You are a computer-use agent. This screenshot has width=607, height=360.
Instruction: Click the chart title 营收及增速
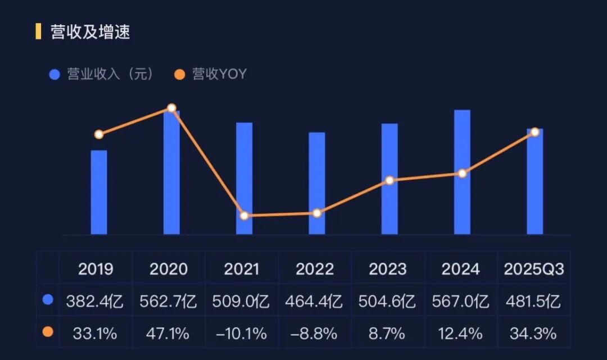pyautogui.click(x=90, y=32)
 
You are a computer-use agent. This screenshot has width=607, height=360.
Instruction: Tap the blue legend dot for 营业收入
pyautogui.click(x=55, y=75)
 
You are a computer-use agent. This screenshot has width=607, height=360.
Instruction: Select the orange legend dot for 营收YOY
pyautogui.click(x=179, y=75)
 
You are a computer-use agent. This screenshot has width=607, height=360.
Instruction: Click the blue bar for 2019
pyautogui.click(x=99, y=192)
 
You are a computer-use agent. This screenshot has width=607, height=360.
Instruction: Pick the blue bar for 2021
pyautogui.click(x=244, y=179)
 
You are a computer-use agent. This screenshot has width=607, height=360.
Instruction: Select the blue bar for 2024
pyautogui.click(x=462, y=172)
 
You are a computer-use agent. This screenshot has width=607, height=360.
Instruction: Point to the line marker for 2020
pyautogui.click(x=171, y=108)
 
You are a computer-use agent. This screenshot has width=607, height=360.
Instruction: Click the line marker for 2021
pyautogui.click(x=244, y=216)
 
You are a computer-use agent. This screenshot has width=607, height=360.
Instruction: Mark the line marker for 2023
pyautogui.click(x=389, y=180)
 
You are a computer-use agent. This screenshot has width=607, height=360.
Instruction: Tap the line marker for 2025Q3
pyautogui.click(x=535, y=132)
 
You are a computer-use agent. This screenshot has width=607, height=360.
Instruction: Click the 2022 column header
pyautogui.click(x=315, y=269)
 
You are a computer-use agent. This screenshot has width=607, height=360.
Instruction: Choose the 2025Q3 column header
pyautogui.click(x=533, y=269)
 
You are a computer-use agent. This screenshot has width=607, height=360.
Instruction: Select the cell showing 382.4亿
pyautogui.click(x=96, y=302)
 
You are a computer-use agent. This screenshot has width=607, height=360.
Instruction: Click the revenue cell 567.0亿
pyautogui.click(x=460, y=302)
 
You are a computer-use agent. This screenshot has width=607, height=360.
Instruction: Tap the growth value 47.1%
pyautogui.click(x=168, y=334)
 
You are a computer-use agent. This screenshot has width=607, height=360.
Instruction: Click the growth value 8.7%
pyautogui.click(x=387, y=334)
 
